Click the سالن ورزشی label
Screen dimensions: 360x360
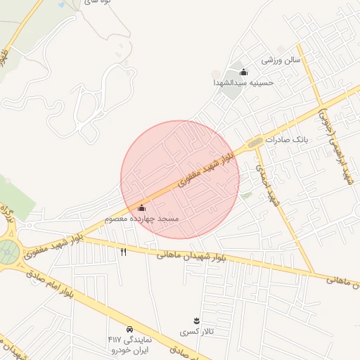(x=281, y=60)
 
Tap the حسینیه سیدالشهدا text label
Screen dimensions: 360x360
(x=243, y=82)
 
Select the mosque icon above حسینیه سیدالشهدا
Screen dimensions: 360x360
(x=243, y=71)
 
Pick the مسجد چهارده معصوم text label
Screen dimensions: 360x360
(x=142, y=219)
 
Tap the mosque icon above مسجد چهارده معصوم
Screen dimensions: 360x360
(x=142, y=208)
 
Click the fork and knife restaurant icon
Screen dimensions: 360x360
(x=124, y=251)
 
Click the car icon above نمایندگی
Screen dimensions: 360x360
(x=130, y=329)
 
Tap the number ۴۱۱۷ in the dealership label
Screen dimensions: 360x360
(x=115, y=340)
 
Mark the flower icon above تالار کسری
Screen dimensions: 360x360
(x=196, y=321)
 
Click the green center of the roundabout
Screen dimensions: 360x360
(x=8, y=249)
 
